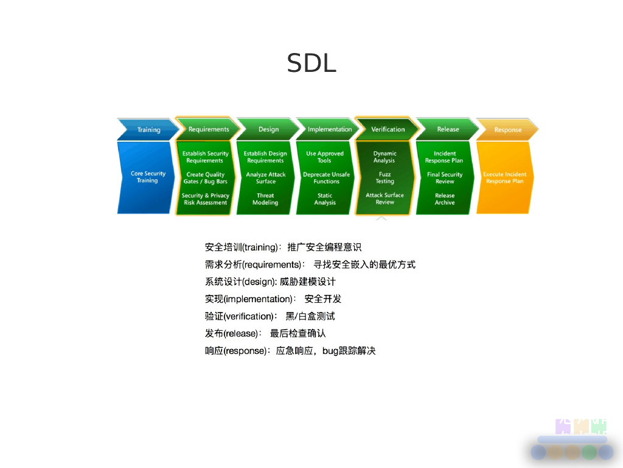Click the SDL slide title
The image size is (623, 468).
tap(311, 63)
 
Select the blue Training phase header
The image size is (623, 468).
tap(148, 129)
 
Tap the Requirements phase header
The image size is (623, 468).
tap(208, 129)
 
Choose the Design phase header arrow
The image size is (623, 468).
tap(268, 129)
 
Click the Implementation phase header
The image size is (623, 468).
tap(329, 129)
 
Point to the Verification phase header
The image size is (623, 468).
tap(388, 129)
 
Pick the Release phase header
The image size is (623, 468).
tap(448, 129)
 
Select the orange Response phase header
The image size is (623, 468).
tap(507, 130)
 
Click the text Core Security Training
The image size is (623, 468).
tap(148, 177)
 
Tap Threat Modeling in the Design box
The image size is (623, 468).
tap(265, 199)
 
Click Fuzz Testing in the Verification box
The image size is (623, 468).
tap(385, 178)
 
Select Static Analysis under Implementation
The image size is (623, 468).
tap(325, 199)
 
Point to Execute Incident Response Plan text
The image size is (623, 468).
tap(504, 178)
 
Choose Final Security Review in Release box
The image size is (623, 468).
tap(445, 178)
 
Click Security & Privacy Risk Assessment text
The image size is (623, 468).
tap(205, 199)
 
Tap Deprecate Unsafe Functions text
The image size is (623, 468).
tap(326, 178)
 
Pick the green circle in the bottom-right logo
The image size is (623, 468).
tap(588, 452)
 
